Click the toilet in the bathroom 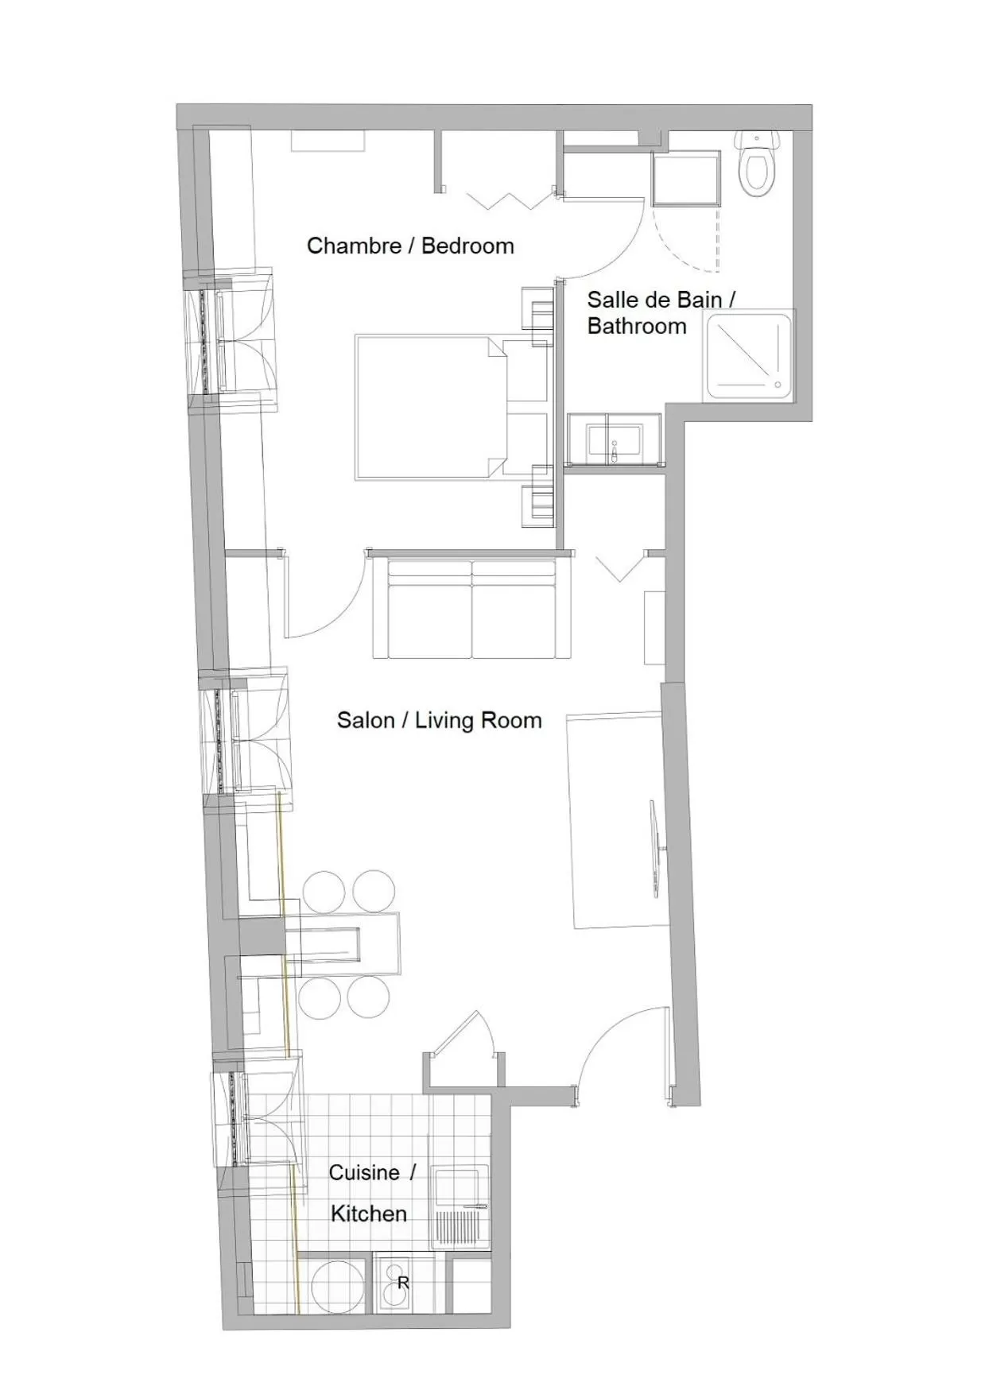pyautogui.click(x=757, y=165)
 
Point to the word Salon pyautogui.click(x=365, y=720)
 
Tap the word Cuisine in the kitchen pyautogui.click(x=364, y=1172)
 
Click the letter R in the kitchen pyautogui.click(x=403, y=1283)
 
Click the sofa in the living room pyautogui.click(x=472, y=610)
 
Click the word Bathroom pyautogui.click(x=637, y=326)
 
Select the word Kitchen pyautogui.click(x=369, y=1214)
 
